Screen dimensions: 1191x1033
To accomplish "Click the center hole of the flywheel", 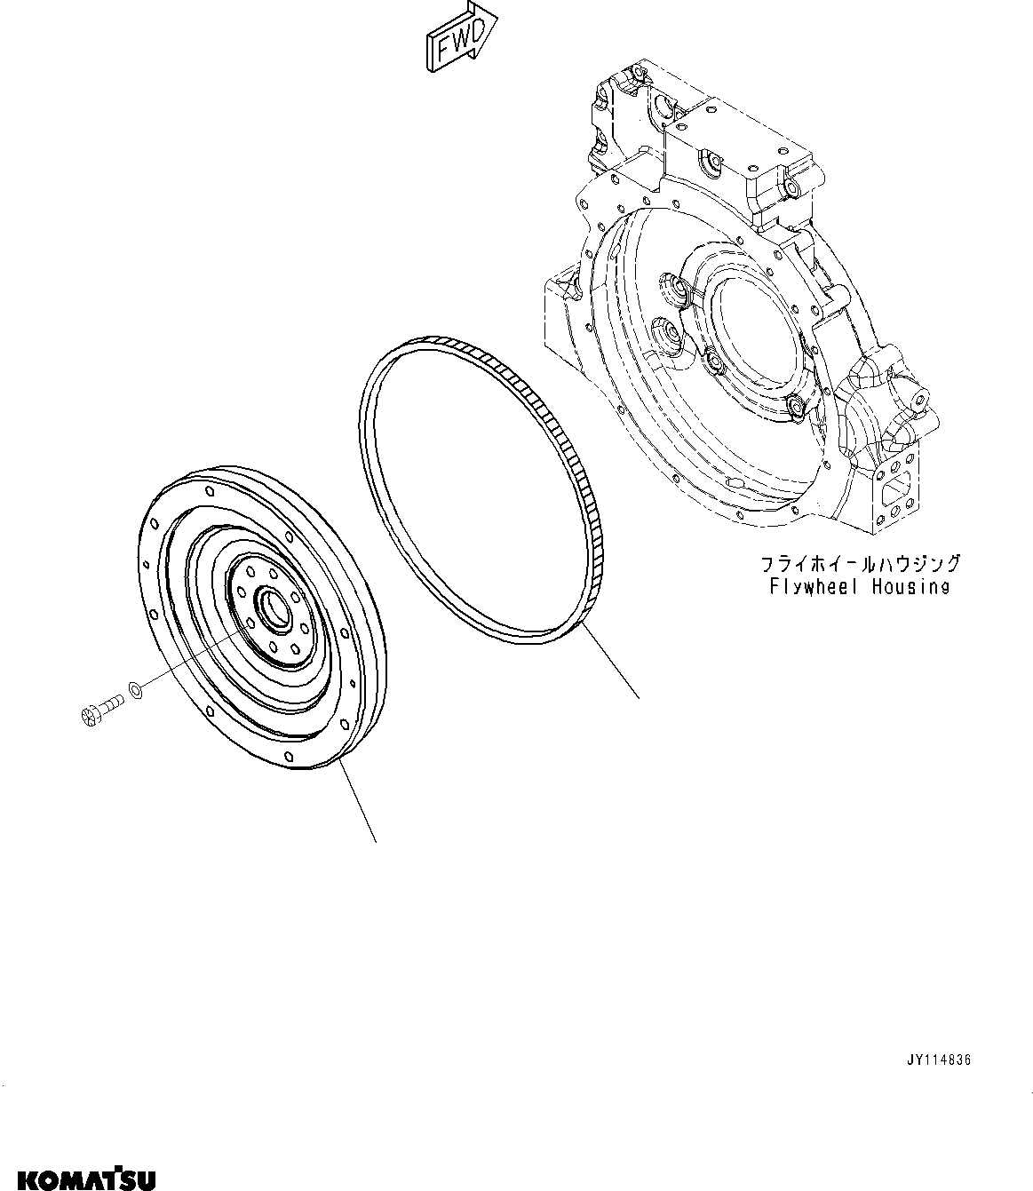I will click(271, 607).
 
